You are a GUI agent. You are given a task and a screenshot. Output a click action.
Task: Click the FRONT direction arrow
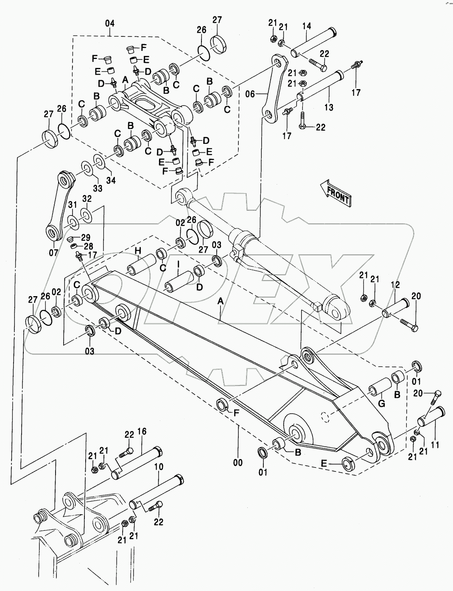(x=336, y=193)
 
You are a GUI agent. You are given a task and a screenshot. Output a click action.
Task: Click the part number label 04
(x=109, y=23)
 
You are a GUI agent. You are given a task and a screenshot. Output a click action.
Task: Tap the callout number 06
(x=250, y=94)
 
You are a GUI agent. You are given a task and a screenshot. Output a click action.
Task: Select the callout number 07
(x=53, y=253)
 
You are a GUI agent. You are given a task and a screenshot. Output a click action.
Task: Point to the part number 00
(x=238, y=462)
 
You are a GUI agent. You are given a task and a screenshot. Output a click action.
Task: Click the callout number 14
(x=307, y=26)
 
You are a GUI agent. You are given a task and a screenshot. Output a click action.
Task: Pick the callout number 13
(x=329, y=108)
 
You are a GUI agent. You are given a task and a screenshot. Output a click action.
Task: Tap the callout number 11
(x=436, y=445)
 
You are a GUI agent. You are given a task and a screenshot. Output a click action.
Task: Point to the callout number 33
(x=98, y=188)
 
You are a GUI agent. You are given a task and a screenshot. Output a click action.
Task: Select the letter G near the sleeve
(x=381, y=403)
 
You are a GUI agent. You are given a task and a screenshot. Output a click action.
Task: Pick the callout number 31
(x=72, y=205)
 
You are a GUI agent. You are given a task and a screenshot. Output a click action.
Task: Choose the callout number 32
(x=87, y=199)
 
